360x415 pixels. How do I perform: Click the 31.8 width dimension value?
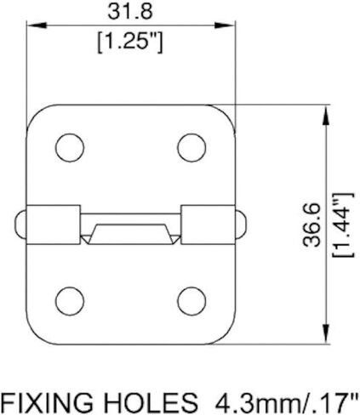pyautogui.click(x=130, y=12)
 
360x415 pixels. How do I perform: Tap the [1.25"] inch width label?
pyautogui.click(x=130, y=43)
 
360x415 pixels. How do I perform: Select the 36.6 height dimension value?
pyautogui.click(x=311, y=225)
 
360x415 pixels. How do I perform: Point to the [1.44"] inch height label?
pyautogui.click(x=344, y=225)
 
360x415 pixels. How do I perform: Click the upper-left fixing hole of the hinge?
pyautogui.click(x=70, y=148)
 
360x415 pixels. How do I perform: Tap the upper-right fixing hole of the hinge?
pyautogui.click(x=191, y=148)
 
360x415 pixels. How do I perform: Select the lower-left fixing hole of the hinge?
pyautogui.click(x=70, y=301)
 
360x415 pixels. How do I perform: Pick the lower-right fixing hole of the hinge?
pyautogui.click(x=191, y=301)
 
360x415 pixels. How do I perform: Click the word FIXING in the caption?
pyautogui.click(x=47, y=402)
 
